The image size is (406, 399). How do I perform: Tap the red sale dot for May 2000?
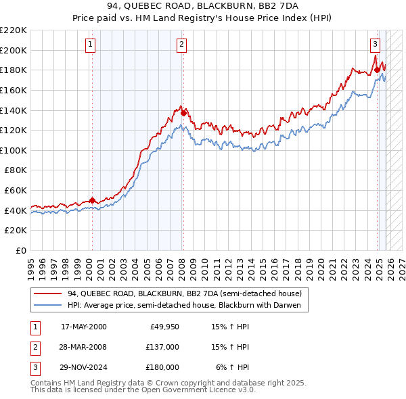[x=92, y=200]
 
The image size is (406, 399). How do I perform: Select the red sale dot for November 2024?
[x=378, y=70]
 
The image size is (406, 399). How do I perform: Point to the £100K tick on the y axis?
[x=14, y=150]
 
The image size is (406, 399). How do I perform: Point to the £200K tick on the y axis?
[x=14, y=50]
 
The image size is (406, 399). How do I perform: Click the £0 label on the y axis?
[x=20, y=250]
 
